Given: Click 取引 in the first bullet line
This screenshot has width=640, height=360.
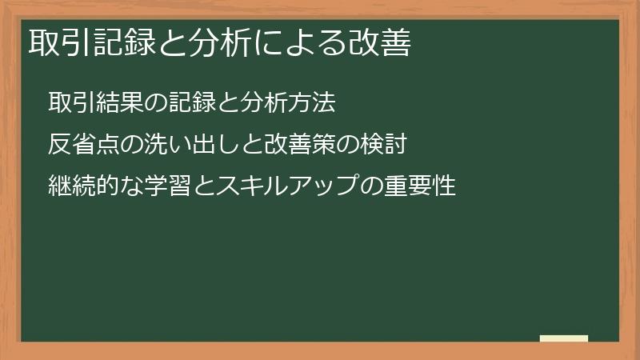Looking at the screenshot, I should click(66, 104).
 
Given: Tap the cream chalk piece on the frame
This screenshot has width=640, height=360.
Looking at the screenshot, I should click(563, 338).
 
